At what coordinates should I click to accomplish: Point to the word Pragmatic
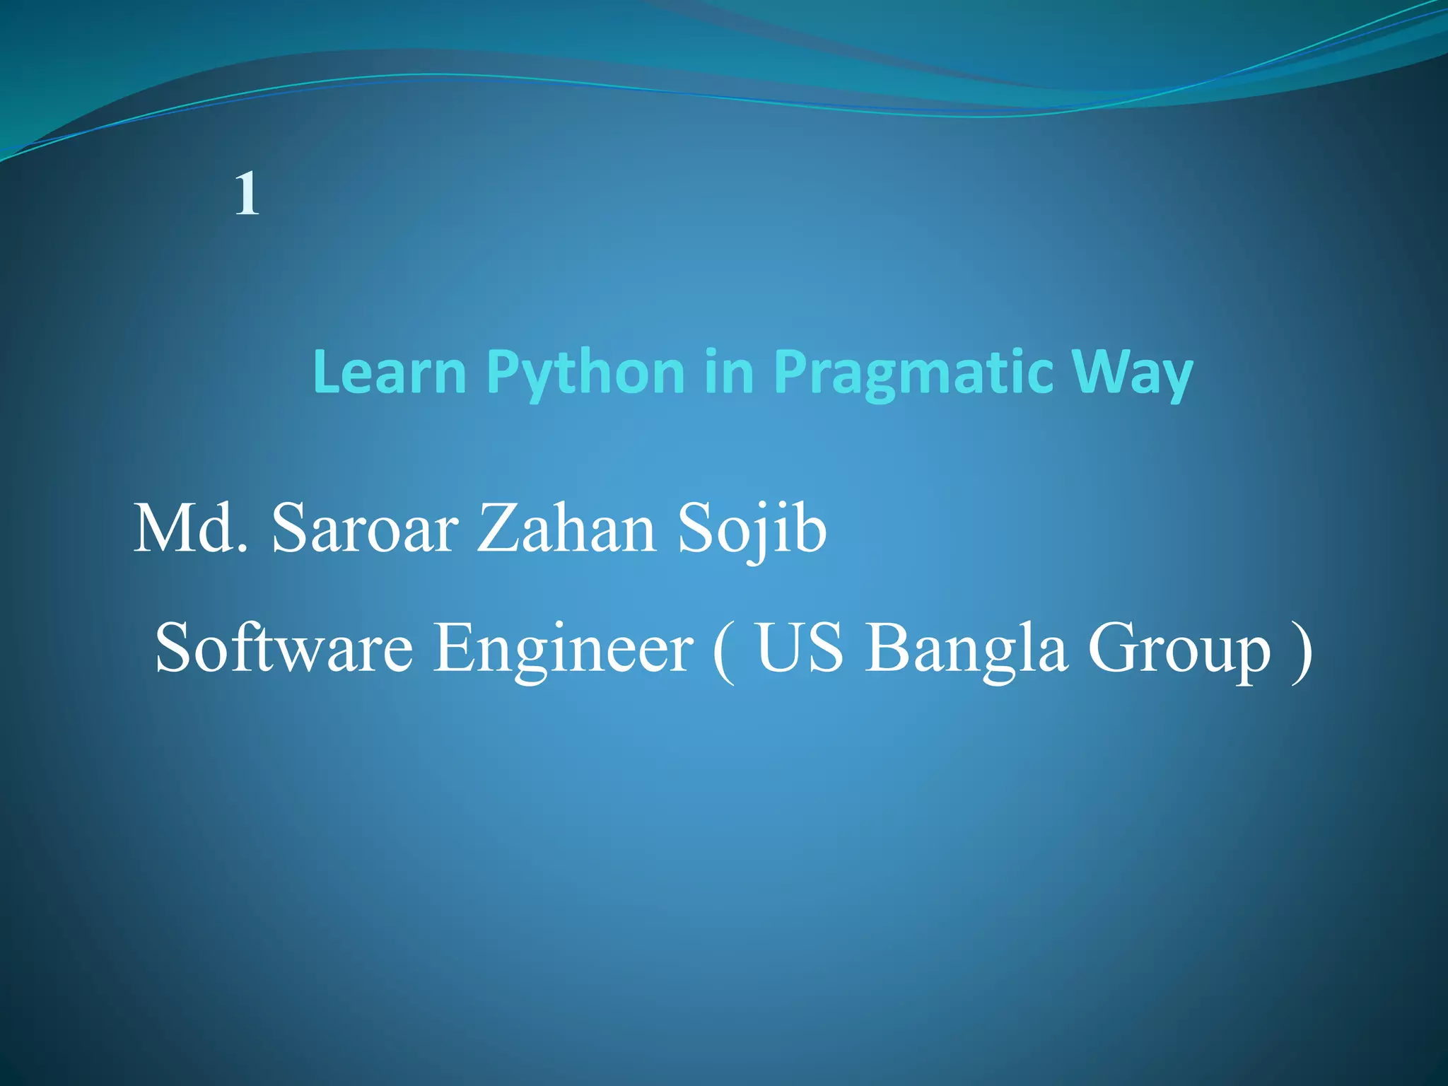click(x=913, y=373)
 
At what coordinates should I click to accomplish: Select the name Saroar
click(x=365, y=529)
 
